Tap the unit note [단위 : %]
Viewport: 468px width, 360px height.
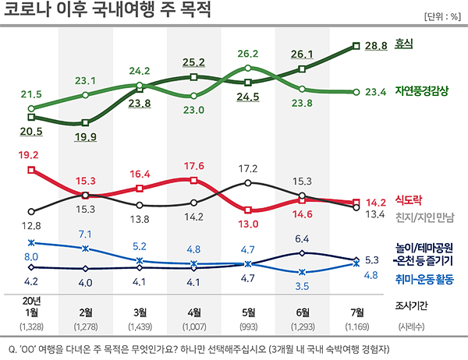coord(442,16)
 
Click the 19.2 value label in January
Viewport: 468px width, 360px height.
coord(30,155)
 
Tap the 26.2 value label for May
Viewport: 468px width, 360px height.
coord(248,55)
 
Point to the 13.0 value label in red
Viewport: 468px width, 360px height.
coord(248,224)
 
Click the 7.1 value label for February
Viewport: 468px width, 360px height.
coord(85,234)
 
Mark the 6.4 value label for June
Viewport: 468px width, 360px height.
coord(303,238)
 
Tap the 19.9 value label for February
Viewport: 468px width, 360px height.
coord(85,138)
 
